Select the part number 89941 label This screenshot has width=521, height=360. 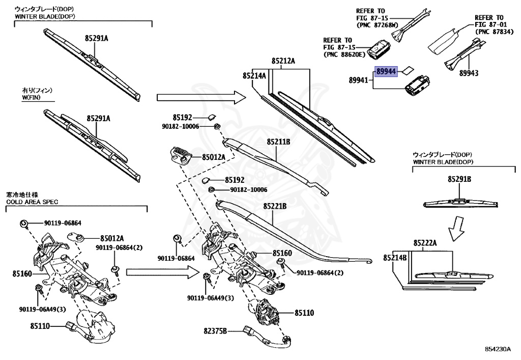[x=360, y=80]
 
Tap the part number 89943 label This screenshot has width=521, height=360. [x=469, y=73]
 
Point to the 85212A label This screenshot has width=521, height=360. [x=283, y=61]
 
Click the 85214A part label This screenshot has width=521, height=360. [x=254, y=75]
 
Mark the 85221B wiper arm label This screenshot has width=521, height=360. [x=275, y=206]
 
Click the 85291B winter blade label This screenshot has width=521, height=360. [x=459, y=179]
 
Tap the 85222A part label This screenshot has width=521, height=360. [x=425, y=243]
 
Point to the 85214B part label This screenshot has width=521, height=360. [x=395, y=258]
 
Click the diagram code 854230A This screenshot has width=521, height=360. [x=497, y=349]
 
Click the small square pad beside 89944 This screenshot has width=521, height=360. [x=409, y=71]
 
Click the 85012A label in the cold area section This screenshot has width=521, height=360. [x=112, y=238]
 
